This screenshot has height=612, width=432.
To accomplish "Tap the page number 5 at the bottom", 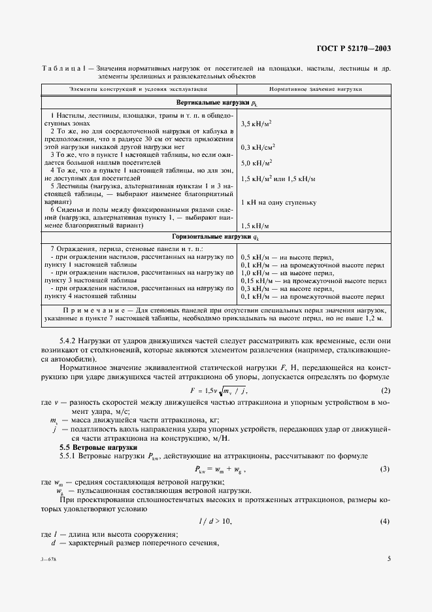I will [x=388, y=558].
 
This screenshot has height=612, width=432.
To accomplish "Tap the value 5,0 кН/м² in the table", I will [x=257, y=163].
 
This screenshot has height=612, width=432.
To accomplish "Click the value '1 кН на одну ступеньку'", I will [x=278, y=203].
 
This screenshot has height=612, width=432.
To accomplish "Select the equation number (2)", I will [x=385, y=390].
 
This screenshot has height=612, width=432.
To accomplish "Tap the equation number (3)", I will [x=385, y=469].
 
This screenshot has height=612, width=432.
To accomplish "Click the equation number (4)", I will [x=385, y=521].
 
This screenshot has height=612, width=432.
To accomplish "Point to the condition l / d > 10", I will [x=216, y=521].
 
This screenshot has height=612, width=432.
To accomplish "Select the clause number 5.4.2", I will [x=69, y=341].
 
